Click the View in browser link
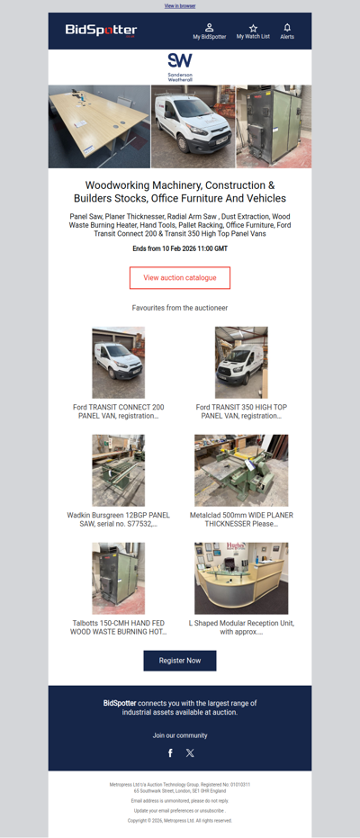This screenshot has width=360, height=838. click(x=180, y=5)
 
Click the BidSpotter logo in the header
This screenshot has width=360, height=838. click(x=101, y=31)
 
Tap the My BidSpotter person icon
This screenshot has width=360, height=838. click(x=210, y=28)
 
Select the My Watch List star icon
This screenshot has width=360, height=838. click(x=253, y=28)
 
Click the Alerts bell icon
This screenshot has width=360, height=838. click(x=287, y=28)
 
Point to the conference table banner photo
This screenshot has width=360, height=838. click(x=99, y=126)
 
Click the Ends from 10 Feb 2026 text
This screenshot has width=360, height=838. click(x=180, y=248)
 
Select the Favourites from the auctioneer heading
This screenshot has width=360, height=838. click(x=180, y=308)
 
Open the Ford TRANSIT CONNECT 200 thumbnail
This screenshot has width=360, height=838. click(x=118, y=362)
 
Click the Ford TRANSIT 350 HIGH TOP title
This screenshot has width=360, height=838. click(x=241, y=411)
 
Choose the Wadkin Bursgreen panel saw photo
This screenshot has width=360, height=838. click(x=118, y=470)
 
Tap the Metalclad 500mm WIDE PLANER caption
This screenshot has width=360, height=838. click(x=241, y=519)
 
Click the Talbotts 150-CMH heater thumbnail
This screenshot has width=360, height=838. click(x=118, y=578)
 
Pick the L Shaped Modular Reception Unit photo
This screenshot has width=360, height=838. click(x=241, y=578)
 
